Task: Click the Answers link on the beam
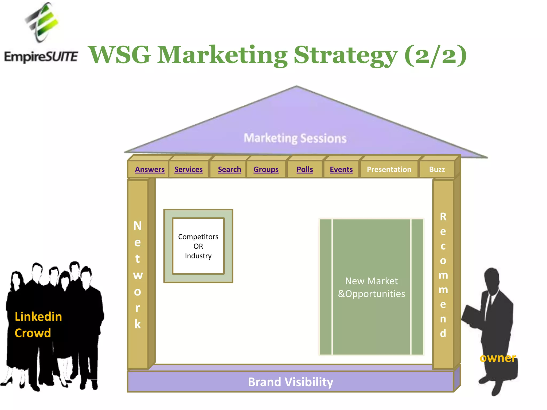150,169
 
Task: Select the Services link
188,169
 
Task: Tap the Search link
229,169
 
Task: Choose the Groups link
266,169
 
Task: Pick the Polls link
305,169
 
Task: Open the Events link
341,169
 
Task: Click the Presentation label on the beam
389,169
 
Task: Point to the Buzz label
437,169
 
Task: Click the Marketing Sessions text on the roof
295,138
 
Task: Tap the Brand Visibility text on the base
290,382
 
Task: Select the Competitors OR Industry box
198,246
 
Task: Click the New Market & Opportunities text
371,287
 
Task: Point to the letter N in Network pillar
138,226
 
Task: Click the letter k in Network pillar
138,324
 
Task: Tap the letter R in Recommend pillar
443,217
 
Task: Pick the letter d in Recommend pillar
443,333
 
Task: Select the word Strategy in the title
346,55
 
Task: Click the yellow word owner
498,358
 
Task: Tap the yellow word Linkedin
38,317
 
